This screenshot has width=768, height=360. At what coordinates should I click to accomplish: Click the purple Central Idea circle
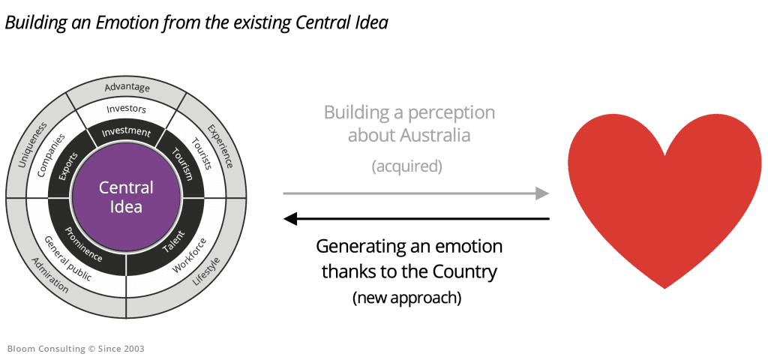pos(126,197)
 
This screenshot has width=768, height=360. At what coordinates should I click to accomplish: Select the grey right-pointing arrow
pos(416,193)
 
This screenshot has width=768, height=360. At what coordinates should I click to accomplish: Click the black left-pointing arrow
pos(416,219)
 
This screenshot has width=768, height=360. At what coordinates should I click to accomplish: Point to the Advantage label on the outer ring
pos(127,88)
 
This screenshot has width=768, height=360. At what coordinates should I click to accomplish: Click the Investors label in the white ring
pos(127,109)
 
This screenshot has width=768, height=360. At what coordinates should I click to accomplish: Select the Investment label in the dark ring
pos(127,133)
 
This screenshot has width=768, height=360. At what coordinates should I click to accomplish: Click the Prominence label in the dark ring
pos(82,243)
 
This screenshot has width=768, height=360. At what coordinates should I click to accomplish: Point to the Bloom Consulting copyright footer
pos(76,349)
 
